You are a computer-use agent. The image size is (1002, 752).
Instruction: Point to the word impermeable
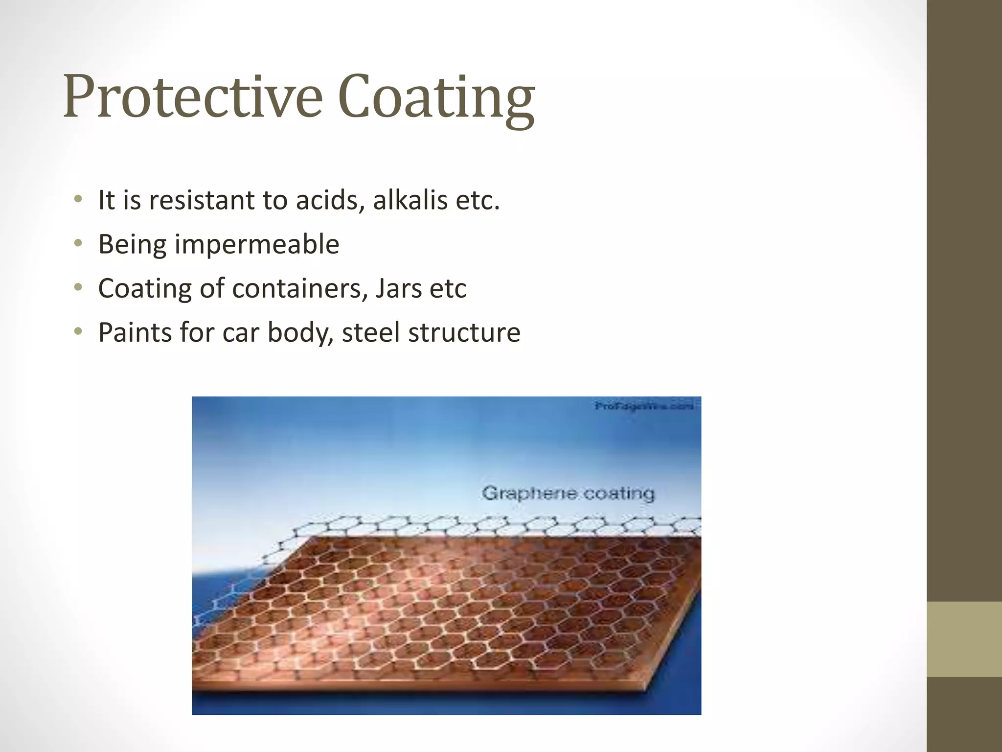coord(256,244)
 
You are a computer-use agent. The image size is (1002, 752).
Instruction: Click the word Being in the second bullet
coord(132,244)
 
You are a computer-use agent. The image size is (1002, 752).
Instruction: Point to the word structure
coord(464,332)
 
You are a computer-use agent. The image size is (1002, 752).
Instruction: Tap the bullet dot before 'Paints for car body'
coord(78,331)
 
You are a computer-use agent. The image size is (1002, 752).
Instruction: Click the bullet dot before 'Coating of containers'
coord(78,287)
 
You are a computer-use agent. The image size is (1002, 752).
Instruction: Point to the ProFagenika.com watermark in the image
coord(644,406)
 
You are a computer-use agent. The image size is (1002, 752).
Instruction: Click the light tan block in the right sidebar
coord(964,639)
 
